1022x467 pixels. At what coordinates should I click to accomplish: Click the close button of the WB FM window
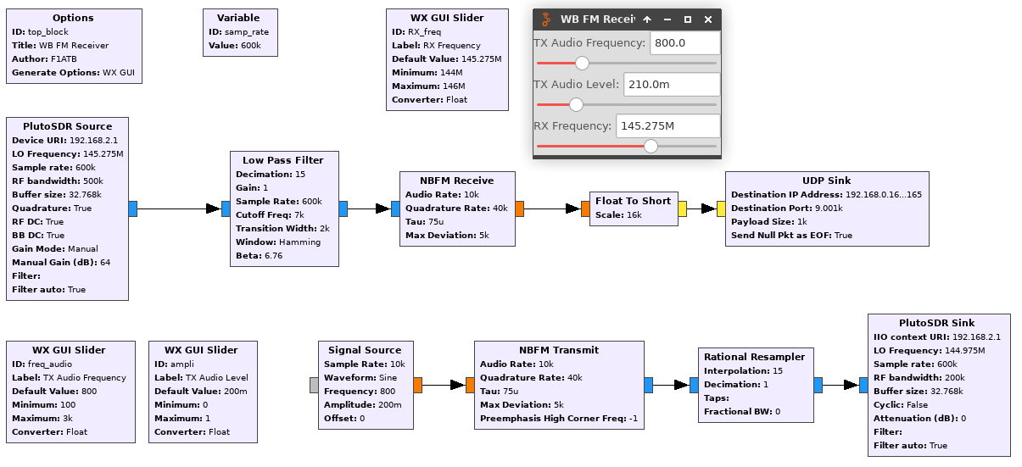click(708, 19)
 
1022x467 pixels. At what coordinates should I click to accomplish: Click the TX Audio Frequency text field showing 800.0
click(684, 43)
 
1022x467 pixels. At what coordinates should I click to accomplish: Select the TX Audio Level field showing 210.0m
click(671, 84)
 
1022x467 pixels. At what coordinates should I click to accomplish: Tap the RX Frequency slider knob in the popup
click(651, 146)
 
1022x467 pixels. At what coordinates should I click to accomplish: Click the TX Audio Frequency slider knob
click(582, 63)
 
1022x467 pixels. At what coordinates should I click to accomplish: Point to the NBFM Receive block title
click(457, 181)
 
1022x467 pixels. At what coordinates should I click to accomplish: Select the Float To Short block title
click(633, 201)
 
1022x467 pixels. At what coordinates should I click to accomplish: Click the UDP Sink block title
click(826, 181)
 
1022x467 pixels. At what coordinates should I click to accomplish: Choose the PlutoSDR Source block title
click(67, 126)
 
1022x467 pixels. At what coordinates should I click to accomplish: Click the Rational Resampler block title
click(756, 357)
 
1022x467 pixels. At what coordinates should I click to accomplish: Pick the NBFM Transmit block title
click(558, 350)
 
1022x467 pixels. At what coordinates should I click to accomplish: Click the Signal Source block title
click(365, 350)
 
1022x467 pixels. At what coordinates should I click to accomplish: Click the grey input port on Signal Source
click(314, 385)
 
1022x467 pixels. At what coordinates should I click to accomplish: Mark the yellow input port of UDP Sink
click(721, 208)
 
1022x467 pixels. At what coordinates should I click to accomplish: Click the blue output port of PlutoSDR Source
click(133, 208)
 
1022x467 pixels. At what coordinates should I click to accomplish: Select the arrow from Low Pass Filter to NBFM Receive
click(370, 208)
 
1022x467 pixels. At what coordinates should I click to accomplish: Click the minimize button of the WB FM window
click(667, 19)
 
